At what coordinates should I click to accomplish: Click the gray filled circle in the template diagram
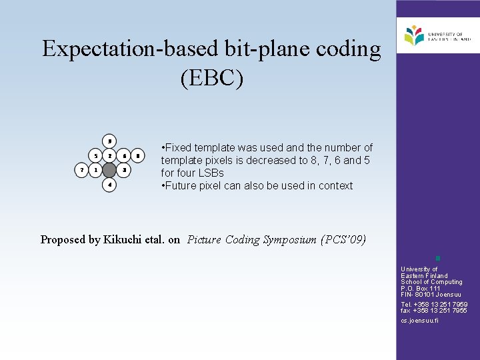click(109, 170)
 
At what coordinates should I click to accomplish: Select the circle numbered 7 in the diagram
click(81, 170)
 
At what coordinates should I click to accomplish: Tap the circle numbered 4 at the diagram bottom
click(109, 184)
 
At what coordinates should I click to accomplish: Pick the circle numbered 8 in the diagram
click(137, 156)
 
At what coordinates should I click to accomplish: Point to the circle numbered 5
click(95, 156)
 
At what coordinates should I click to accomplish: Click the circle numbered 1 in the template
click(95, 170)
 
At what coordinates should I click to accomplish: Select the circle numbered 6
click(123, 156)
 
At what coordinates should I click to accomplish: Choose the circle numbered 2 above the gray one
click(109, 156)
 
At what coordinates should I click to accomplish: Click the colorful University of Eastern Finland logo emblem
click(414, 35)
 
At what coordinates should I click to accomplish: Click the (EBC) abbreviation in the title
click(212, 78)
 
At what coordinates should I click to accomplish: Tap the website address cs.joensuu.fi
click(419, 321)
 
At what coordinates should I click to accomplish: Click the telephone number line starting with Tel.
click(433, 305)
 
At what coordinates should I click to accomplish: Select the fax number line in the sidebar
click(433, 311)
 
